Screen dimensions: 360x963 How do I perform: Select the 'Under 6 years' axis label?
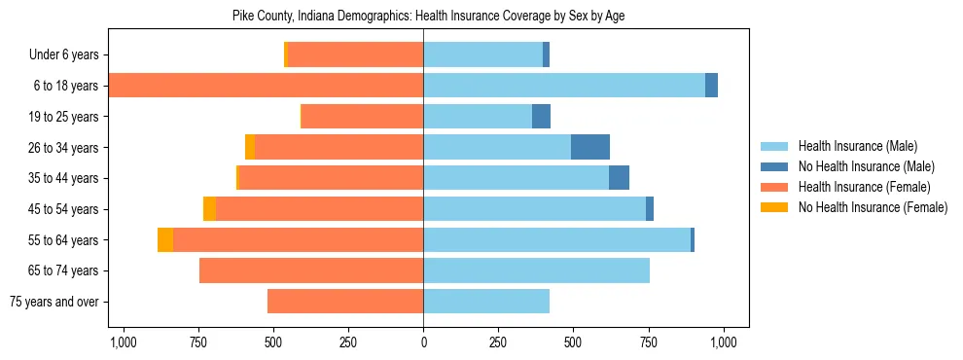tap(64, 55)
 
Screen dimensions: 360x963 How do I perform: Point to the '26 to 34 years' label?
tap(65, 148)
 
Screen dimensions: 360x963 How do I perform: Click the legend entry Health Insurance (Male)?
tap(857, 146)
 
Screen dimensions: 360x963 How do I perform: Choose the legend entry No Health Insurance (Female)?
tap(873, 207)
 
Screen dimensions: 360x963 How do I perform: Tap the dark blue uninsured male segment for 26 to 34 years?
tap(589, 148)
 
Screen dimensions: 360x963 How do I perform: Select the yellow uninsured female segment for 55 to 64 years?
tap(165, 240)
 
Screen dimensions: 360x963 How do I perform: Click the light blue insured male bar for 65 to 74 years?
tap(536, 270)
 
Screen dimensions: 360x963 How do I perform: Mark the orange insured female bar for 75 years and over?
tap(345, 302)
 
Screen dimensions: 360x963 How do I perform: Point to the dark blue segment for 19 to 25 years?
tap(541, 117)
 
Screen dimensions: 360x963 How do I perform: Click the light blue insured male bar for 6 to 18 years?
tap(564, 86)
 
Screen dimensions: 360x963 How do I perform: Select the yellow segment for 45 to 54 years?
tap(209, 209)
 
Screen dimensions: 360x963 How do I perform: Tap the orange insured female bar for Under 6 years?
tap(355, 55)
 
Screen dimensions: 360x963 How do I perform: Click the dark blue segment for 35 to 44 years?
tap(619, 178)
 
